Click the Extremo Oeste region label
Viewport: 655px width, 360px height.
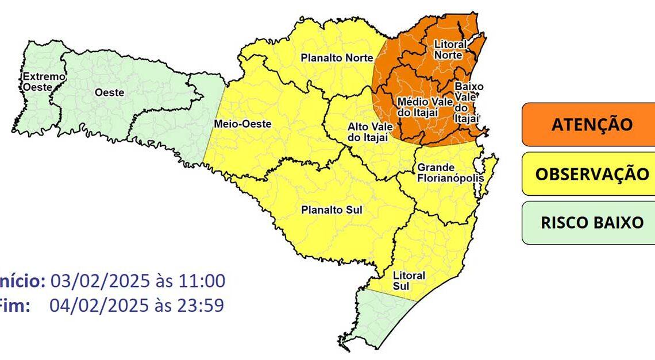point(37,82)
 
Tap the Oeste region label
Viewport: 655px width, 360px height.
point(109,92)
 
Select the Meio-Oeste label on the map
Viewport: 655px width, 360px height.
point(242,123)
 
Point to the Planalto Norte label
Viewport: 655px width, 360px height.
point(337,57)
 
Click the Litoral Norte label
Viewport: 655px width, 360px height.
point(450,49)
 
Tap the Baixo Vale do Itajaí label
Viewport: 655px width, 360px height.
point(468,102)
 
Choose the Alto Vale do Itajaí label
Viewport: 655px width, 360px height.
point(368,131)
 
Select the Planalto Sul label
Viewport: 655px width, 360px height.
point(332,210)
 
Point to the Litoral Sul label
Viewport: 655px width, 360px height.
point(409,280)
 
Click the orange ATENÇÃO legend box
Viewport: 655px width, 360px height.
point(587,125)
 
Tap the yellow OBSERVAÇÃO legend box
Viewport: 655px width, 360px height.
point(587,174)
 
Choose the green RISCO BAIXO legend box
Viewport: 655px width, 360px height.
point(587,223)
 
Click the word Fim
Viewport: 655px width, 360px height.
point(14,305)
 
